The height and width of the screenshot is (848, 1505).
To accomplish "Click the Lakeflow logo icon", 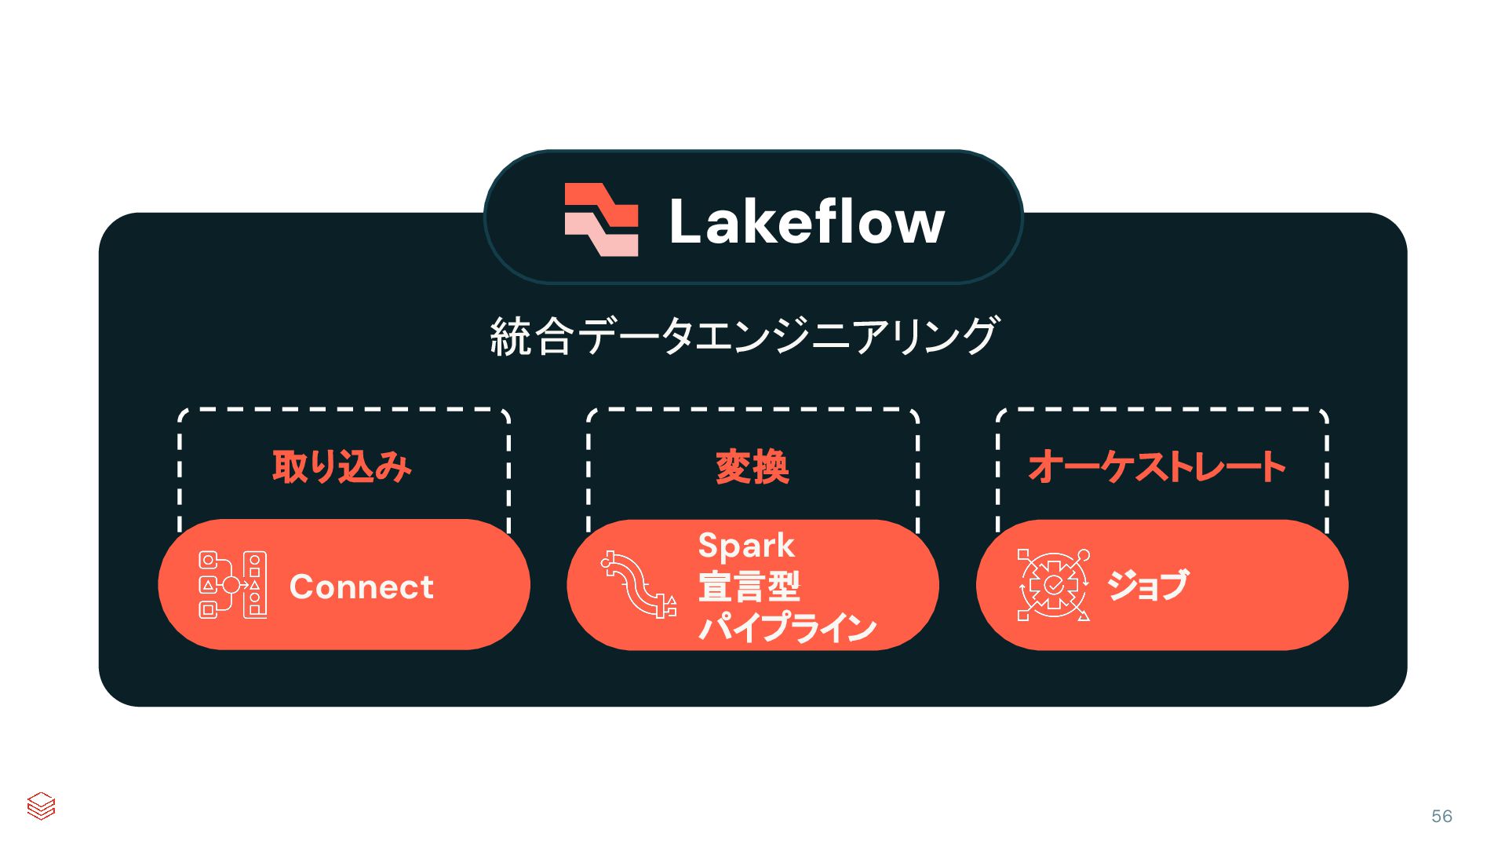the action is point(601,220).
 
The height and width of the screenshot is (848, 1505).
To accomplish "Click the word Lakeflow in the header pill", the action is point(807,222).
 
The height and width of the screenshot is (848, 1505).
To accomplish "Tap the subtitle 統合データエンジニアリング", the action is point(744,336).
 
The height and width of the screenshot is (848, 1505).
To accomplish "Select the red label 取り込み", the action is point(342,467).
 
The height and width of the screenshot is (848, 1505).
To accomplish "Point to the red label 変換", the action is point(752,468).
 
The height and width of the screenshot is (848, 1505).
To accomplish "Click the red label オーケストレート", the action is point(1157,467).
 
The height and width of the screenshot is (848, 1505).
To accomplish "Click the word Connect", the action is point(361,587).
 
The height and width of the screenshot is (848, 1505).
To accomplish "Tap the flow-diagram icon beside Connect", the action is point(232,585).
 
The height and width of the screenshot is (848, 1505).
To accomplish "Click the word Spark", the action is point(745,546).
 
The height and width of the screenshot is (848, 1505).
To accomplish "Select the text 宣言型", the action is point(749,587).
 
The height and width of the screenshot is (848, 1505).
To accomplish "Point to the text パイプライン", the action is point(787,628).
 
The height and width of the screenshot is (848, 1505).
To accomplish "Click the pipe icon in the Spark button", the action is point(639,585).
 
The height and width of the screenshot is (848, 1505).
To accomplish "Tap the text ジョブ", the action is point(1147,586).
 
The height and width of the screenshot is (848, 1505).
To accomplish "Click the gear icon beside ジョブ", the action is point(1053,585).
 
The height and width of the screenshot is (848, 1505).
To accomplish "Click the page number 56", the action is point(1441,817).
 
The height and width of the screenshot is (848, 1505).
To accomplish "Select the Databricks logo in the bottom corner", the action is point(41,806).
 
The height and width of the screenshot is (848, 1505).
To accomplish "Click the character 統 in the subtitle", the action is point(510,337).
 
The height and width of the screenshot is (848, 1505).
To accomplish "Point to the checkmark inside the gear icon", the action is point(1053,585).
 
